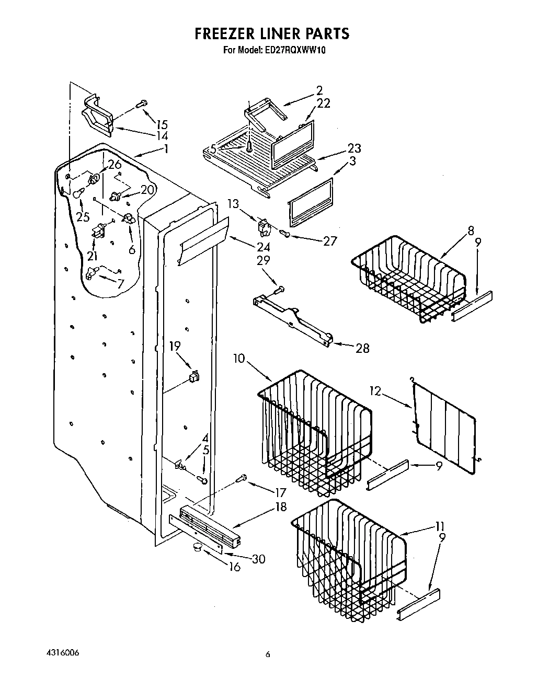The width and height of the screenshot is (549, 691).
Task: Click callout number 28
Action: tap(362, 348)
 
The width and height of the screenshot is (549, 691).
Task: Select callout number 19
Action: tap(175, 346)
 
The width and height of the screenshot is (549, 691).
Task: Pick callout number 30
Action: tap(258, 559)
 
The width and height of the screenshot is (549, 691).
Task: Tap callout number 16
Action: tap(235, 567)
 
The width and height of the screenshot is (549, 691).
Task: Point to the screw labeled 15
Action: tap(141, 105)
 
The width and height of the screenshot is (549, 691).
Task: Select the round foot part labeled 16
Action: tap(197, 547)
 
